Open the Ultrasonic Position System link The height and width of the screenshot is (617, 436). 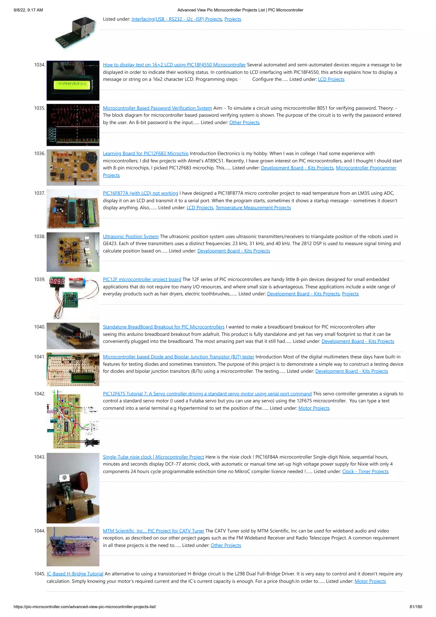pos(131,236)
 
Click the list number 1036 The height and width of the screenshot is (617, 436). pos(39,153)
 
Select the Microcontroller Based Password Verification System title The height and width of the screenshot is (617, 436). pos(157,108)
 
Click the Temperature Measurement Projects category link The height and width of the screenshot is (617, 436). pos(253,208)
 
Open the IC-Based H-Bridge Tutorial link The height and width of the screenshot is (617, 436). pos(75,574)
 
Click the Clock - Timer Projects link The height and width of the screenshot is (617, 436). pos(365,471)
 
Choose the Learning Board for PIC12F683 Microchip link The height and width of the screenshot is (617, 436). pos(146,153)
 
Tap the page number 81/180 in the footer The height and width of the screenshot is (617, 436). pos(416,607)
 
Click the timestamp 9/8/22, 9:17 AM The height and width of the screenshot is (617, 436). pos(28,10)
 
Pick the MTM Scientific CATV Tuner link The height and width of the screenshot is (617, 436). pos(153,531)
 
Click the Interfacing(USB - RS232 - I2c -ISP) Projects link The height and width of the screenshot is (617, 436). pos(176,19)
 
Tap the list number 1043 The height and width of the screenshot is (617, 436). pos(39,457)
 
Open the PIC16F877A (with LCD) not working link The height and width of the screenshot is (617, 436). pos(140,193)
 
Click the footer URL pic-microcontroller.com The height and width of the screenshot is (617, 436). pos(85,607)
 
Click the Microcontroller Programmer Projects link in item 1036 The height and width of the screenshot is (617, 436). pos(366,168)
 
